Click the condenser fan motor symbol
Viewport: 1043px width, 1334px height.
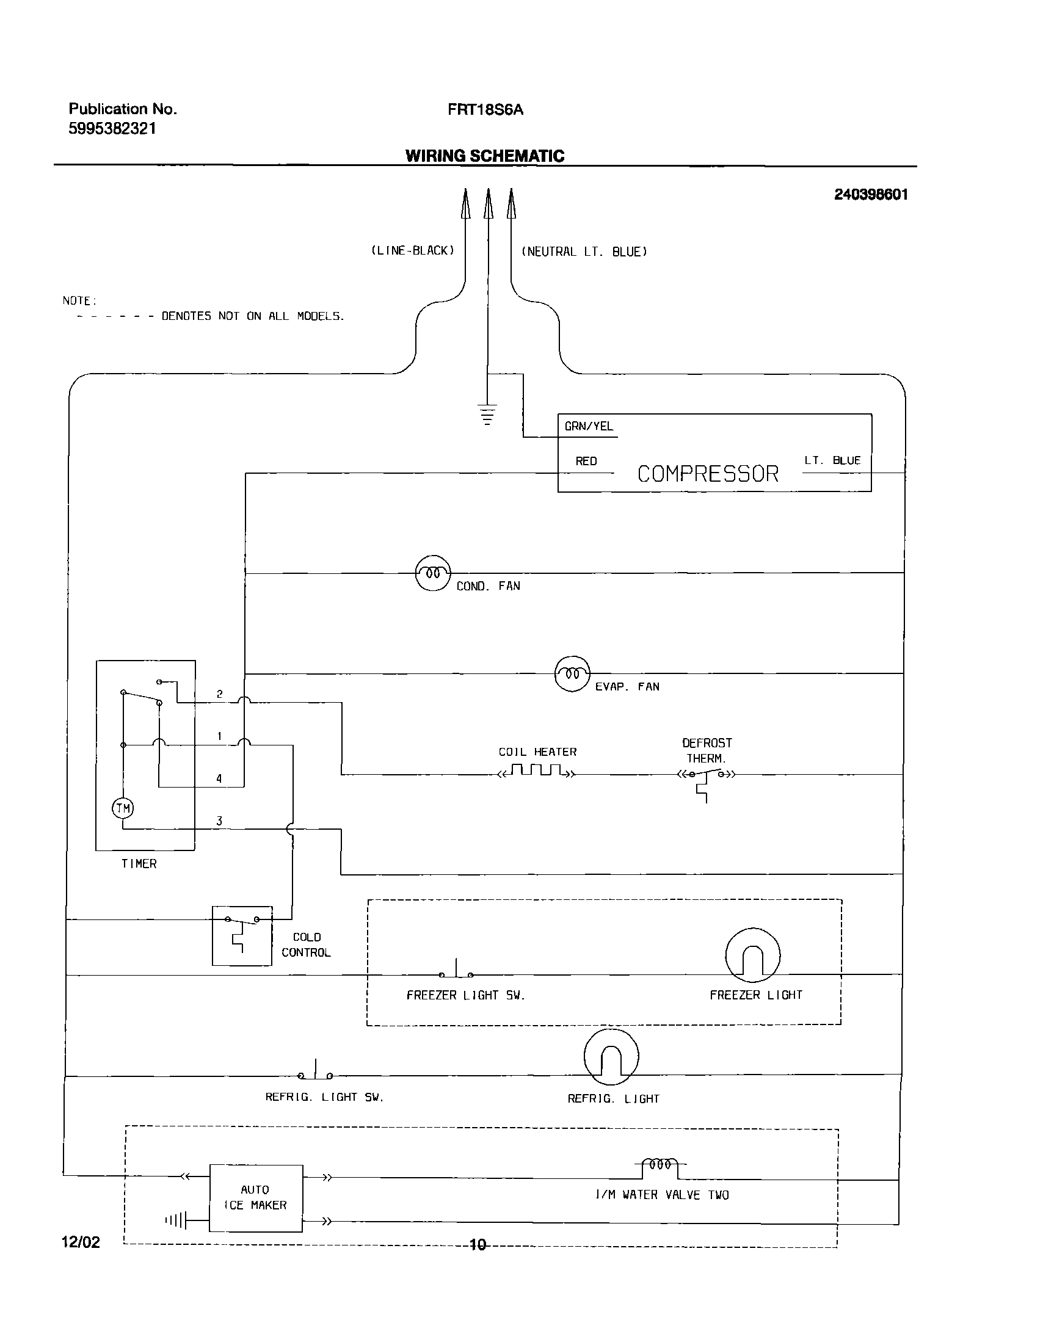[433, 573]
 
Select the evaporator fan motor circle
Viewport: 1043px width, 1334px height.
[572, 674]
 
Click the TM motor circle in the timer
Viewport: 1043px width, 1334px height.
[123, 809]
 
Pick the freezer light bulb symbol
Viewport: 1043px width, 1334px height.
[753, 956]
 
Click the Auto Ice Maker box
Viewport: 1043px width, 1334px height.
[256, 1198]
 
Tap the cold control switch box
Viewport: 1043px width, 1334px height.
[242, 935]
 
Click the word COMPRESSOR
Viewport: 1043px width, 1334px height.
[708, 474]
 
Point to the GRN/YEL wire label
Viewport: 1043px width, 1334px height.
[589, 426]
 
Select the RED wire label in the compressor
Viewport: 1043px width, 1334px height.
[586, 461]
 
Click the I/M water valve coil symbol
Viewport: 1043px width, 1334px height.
[660, 1164]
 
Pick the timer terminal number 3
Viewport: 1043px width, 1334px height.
[219, 821]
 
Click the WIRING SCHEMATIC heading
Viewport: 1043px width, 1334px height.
[484, 156]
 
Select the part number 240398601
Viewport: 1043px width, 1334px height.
[871, 194]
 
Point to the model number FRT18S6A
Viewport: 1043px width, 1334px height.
[485, 110]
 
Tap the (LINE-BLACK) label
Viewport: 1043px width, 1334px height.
[413, 250]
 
